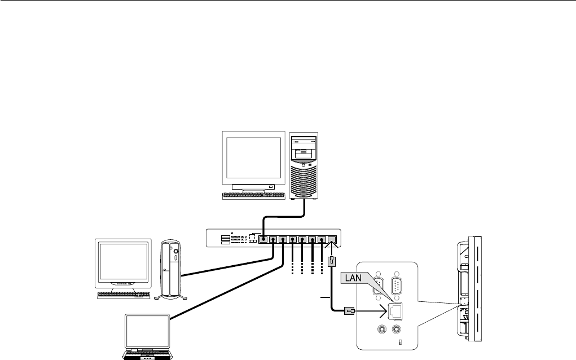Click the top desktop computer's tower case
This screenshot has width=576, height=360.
[x=305, y=166]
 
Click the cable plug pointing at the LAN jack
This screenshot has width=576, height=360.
[x=348, y=310]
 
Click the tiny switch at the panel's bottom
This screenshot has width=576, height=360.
[x=400, y=343]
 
